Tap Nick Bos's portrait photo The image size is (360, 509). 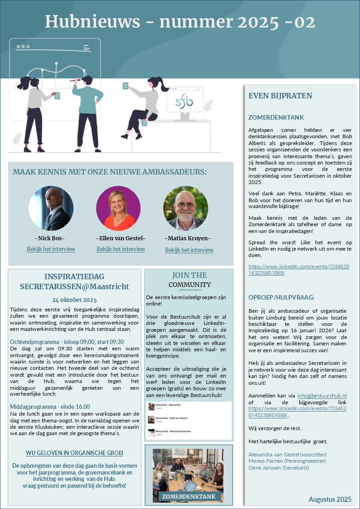[51, 208]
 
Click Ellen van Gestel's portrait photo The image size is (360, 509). [118, 208]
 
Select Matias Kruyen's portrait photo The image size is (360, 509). [185, 208]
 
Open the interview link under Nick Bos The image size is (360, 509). [51, 249]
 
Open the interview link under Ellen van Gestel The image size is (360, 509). [121, 249]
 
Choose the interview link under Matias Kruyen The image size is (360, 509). [189, 250]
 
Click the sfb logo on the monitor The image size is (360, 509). [184, 102]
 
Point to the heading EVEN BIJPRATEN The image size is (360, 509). [280, 96]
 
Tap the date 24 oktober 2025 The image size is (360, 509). [74, 300]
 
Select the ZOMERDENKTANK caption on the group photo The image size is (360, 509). [189, 497]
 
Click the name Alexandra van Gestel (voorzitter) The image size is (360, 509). [287, 454]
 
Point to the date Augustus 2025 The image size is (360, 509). [330, 499]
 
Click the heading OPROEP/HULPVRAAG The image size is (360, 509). [281, 297]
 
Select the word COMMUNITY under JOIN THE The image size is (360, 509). [190, 285]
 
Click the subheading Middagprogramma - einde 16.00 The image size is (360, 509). [50, 407]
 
